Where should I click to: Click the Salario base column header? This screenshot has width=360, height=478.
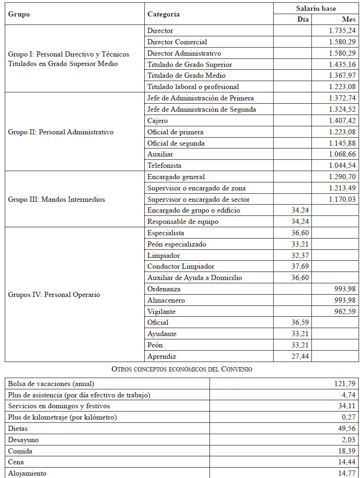coord(316,8)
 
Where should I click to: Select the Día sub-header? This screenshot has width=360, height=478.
coord(303,19)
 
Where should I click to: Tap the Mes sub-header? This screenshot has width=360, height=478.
coord(349,19)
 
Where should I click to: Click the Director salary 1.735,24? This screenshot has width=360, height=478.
coord(343,31)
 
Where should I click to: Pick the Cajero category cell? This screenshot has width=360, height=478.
coord(158,121)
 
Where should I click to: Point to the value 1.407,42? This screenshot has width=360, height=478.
coord(343,121)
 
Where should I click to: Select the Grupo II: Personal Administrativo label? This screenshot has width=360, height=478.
coord(61,132)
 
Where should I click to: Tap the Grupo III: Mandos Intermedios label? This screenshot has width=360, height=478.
coord(57,199)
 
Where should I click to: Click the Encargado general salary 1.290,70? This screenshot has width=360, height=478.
coord(343,177)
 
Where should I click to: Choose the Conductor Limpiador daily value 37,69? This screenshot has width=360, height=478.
coord(300,266)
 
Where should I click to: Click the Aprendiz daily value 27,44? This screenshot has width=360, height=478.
coord(300,356)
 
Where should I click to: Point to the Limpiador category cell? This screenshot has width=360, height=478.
coord(164,255)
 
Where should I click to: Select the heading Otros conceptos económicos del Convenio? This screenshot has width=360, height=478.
coord(182,369)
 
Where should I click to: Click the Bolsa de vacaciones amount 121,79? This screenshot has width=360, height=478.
coord(345,384)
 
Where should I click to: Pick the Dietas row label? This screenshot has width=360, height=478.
coord(18,429)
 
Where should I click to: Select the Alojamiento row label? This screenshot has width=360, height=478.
coord(27,473)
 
